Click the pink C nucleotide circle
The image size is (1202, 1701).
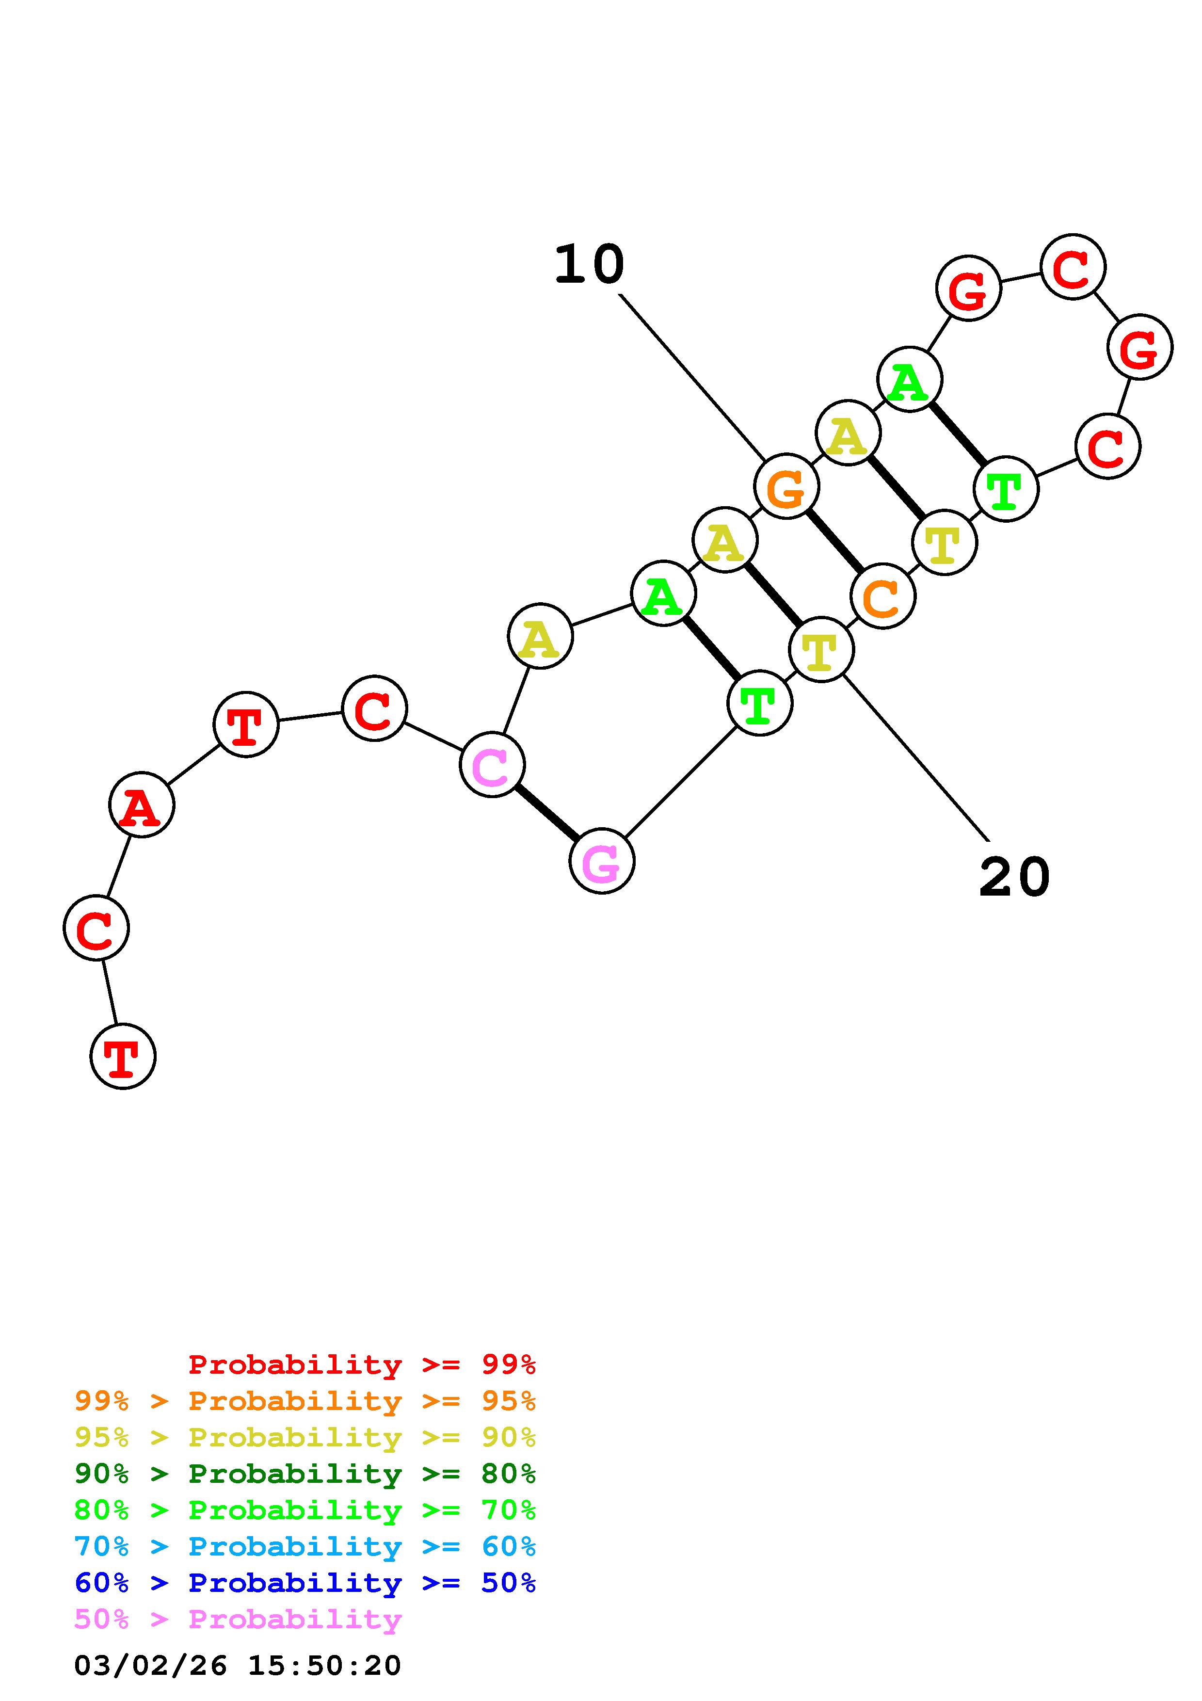[x=492, y=765]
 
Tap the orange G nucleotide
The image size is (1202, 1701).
[x=786, y=487]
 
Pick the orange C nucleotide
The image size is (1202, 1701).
[x=883, y=596]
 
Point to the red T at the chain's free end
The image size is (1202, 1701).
[x=123, y=1057]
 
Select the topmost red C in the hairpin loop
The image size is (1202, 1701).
[x=1073, y=267]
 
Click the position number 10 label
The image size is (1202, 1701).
[x=590, y=264]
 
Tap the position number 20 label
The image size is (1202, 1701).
[x=1014, y=877]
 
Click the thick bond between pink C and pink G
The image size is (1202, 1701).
[x=546, y=813]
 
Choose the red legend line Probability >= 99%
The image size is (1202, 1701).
[x=362, y=1364]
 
